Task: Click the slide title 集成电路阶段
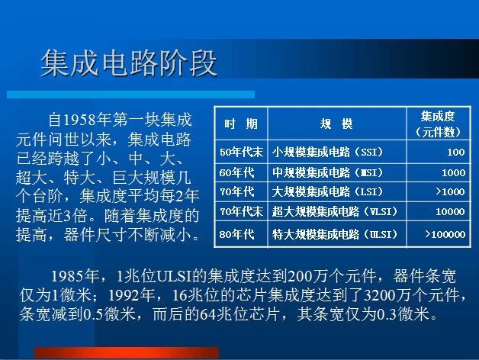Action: [x=129, y=63]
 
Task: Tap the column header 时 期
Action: [x=241, y=124]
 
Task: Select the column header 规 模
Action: [x=336, y=124]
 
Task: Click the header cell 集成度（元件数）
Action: [x=438, y=124]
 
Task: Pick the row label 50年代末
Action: [x=241, y=152]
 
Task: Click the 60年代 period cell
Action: [x=236, y=172]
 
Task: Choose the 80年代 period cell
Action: [x=236, y=234]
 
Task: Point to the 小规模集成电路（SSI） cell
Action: [x=327, y=152]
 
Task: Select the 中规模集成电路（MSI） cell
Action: [x=327, y=172]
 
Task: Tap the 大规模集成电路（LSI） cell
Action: [x=327, y=191]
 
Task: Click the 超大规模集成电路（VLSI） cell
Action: [x=335, y=211]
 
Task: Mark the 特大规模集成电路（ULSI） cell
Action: [x=335, y=234]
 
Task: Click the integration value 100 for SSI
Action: [x=456, y=152]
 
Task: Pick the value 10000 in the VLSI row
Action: [x=450, y=211]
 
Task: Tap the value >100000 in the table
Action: [x=445, y=234]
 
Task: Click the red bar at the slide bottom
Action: [x=127, y=352]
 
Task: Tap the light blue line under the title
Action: [x=130, y=94]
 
